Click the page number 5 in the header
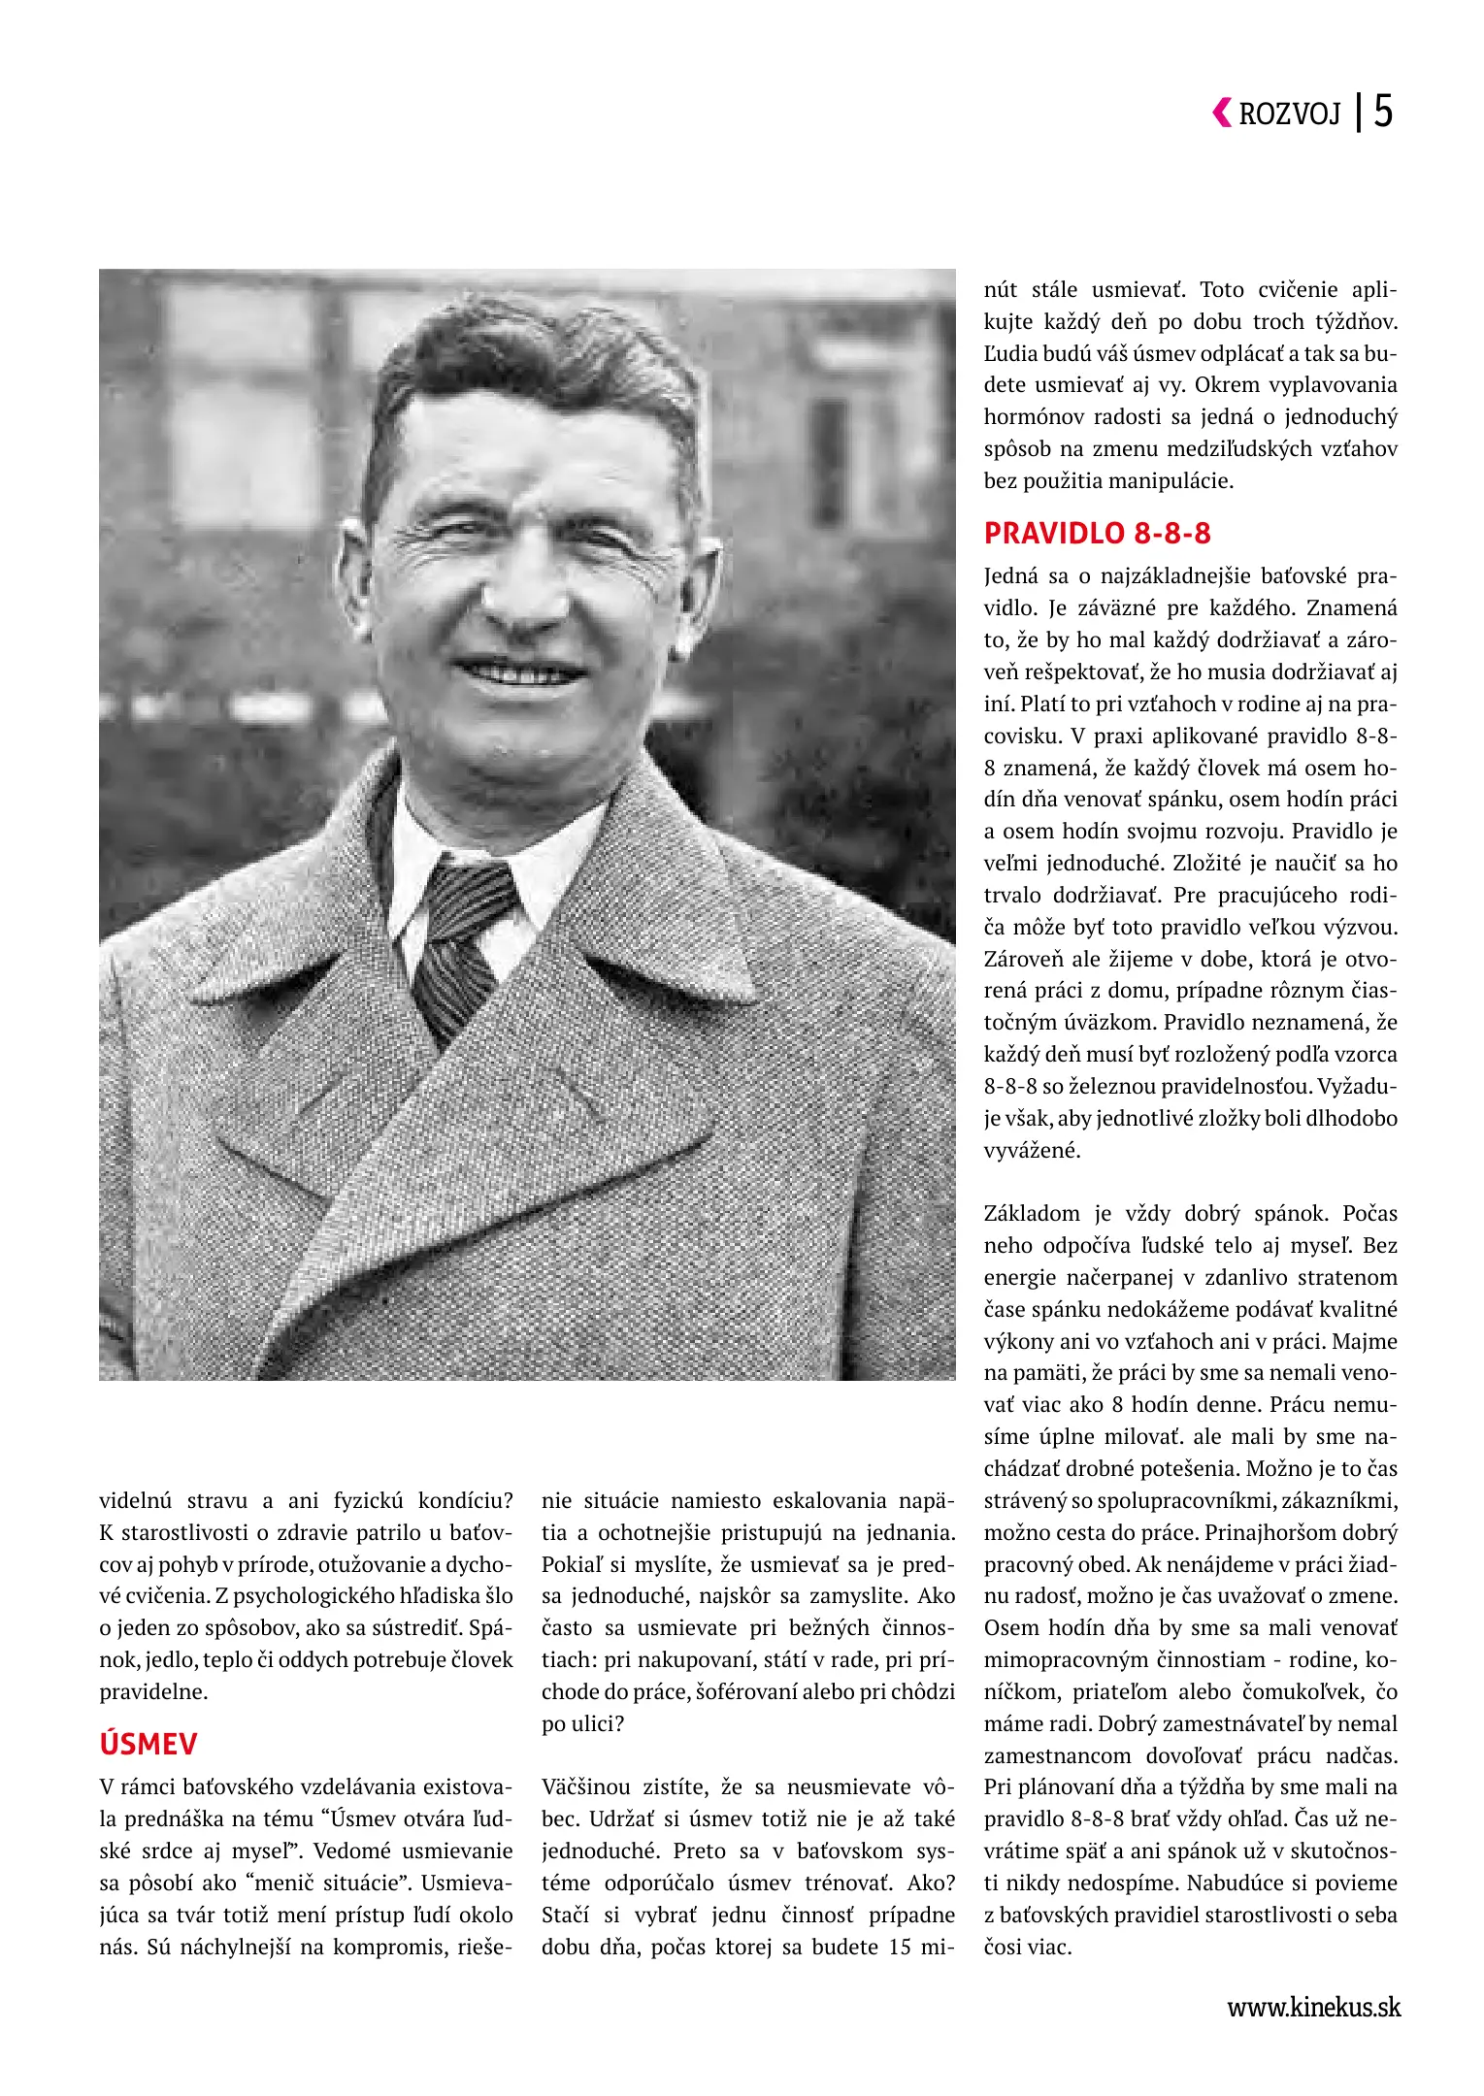(1383, 112)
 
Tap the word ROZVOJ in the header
(1290, 115)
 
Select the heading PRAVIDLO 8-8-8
(1098, 534)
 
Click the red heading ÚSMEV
(148, 1744)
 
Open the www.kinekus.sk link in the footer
(1314, 2008)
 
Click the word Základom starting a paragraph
(1032, 1214)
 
